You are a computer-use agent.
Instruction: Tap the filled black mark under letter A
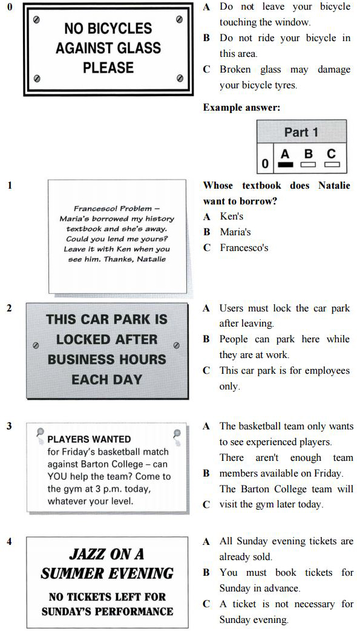click(286, 164)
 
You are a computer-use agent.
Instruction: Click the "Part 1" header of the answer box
click(301, 132)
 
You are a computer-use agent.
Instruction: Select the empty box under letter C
click(332, 164)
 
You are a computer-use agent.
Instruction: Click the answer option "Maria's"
click(235, 232)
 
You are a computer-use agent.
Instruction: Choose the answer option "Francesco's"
click(244, 247)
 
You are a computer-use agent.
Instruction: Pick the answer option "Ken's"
click(231, 216)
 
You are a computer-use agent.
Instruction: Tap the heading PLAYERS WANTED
click(89, 439)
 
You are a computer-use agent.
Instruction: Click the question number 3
click(9, 426)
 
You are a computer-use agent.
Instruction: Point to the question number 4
click(9, 541)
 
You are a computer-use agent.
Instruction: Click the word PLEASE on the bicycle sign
click(108, 67)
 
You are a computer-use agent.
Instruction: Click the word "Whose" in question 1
click(217, 185)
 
